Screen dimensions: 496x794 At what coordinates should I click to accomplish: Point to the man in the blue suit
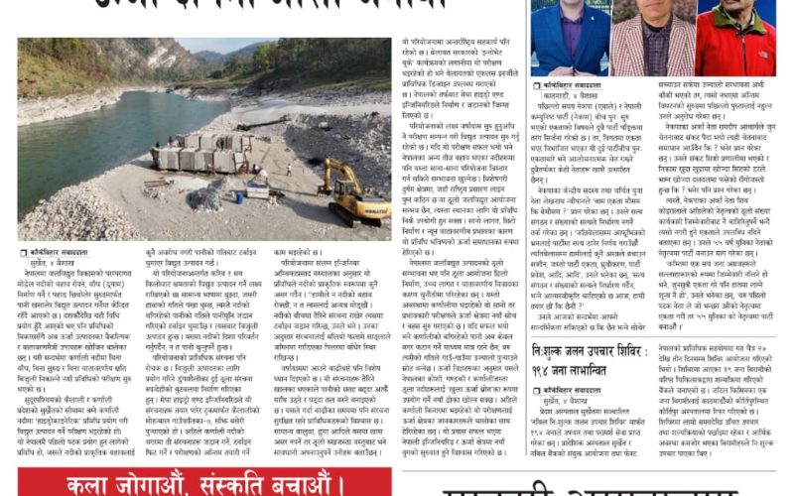point(570,42)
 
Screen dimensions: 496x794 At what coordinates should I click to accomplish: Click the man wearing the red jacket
point(735,42)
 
